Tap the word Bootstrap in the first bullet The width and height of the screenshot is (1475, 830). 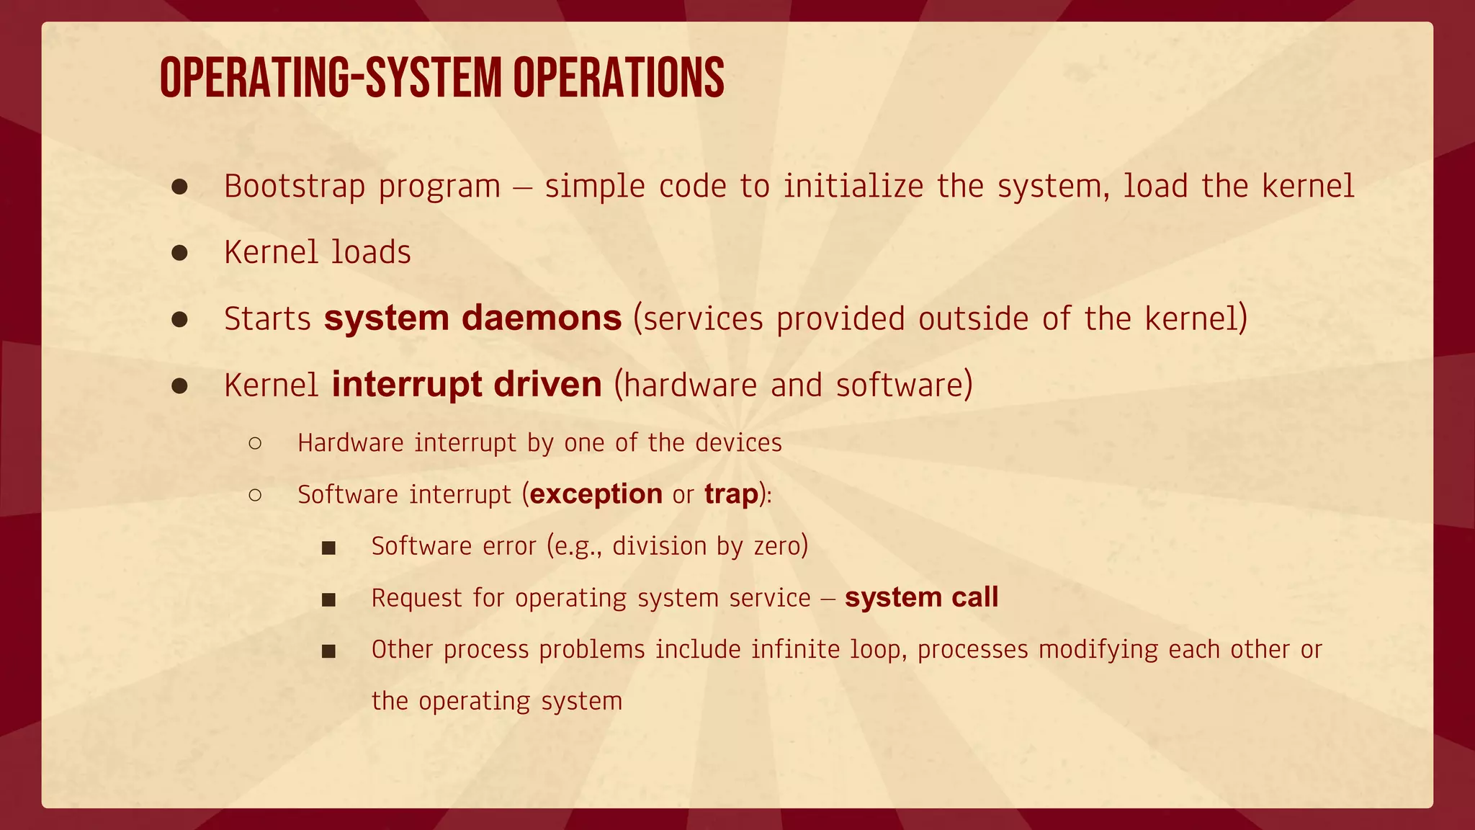(295, 186)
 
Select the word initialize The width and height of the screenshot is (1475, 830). (853, 186)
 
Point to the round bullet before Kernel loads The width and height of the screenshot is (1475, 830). (179, 253)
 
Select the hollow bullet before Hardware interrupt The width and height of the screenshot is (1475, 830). (255, 443)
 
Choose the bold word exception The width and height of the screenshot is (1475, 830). (596, 494)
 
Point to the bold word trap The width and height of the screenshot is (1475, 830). (731, 494)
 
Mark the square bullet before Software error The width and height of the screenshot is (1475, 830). (329, 548)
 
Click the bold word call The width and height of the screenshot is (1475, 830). (974, 597)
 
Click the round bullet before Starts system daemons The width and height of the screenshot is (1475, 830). (179, 319)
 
